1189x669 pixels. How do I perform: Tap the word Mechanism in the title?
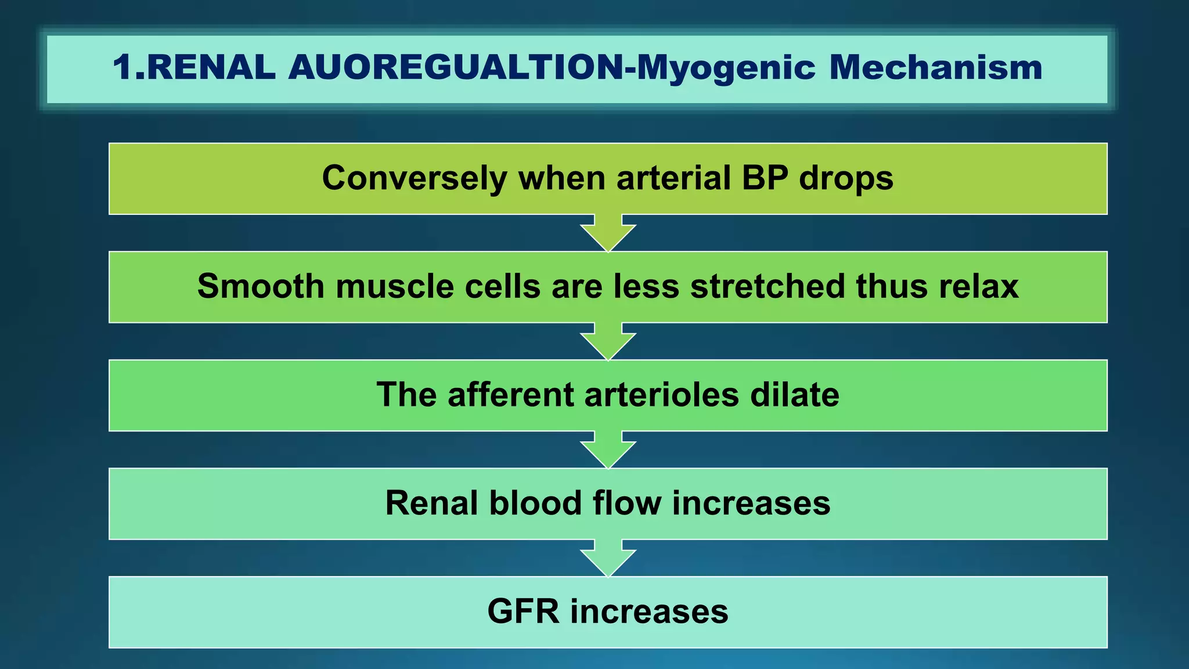pyautogui.click(x=935, y=67)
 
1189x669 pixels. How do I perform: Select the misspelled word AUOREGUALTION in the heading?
pyautogui.click(x=456, y=67)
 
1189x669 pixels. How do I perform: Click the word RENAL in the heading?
pyautogui.click(x=211, y=67)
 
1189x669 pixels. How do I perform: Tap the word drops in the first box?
pyautogui.click(x=846, y=179)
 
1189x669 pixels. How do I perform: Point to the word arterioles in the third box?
pyautogui.click(x=661, y=395)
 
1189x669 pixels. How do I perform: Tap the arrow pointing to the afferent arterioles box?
pyautogui.click(x=608, y=343)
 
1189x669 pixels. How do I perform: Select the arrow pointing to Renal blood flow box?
pyautogui.click(x=608, y=451)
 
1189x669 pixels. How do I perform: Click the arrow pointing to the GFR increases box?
pyautogui.click(x=608, y=559)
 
